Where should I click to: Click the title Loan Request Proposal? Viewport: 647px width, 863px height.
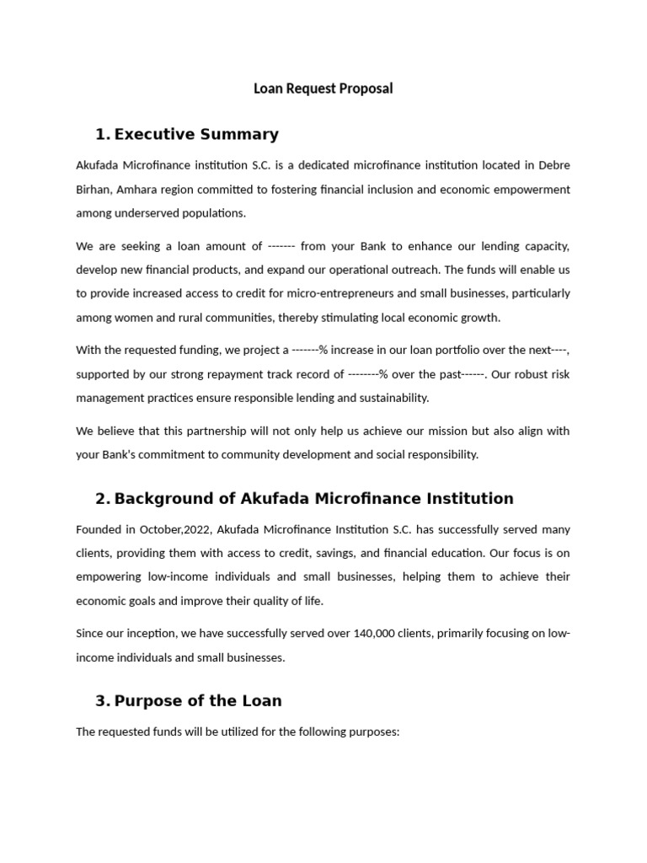click(x=323, y=88)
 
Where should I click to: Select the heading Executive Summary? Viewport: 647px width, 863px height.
click(x=196, y=134)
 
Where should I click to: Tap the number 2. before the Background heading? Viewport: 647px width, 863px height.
click(x=103, y=498)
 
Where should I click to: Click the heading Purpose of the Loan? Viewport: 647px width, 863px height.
click(x=198, y=700)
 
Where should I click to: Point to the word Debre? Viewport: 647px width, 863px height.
click(x=553, y=165)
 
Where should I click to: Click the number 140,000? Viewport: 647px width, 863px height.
click(x=359, y=634)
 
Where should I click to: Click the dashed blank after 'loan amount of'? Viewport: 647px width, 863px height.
click(x=280, y=246)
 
